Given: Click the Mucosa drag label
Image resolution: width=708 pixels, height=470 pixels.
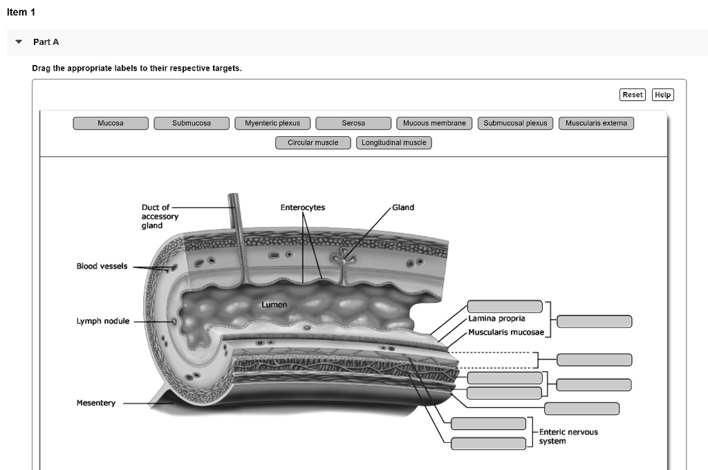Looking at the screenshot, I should [x=111, y=123].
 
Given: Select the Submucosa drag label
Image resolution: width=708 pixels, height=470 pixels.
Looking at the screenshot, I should [x=192, y=123].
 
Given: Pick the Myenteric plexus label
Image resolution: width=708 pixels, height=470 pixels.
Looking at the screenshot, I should [x=272, y=123].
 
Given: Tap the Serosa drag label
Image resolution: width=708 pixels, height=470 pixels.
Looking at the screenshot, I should [x=353, y=123].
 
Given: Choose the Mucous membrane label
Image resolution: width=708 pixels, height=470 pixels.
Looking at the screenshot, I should [x=434, y=123].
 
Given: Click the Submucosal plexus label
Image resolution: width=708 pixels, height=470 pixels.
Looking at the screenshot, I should [x=515, y=123].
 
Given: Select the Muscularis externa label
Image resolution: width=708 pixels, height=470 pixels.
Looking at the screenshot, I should [x=596, y=123].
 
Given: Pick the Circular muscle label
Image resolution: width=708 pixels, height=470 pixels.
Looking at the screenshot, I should [x=313, y=142].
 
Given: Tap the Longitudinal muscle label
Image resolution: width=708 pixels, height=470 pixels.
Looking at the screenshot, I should [x=394, y=142].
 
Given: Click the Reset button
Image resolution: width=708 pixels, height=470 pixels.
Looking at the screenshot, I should [x=632, y=95].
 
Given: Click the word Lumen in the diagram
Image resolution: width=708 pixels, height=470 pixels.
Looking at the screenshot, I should [x=274, y=305].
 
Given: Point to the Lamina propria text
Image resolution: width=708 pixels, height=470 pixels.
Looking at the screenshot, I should [x=496, y=319].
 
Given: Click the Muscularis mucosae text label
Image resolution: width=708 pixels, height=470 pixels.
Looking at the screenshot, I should [x=506, y=332].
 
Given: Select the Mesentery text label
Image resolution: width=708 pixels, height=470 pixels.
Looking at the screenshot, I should [x=96, y=403].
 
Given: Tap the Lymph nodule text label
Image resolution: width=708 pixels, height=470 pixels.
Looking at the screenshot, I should [x=103, y=321].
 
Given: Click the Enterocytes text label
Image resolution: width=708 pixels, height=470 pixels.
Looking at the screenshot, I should [x=302, y=207].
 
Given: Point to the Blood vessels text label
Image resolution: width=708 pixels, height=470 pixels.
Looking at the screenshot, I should [x=102, y=267].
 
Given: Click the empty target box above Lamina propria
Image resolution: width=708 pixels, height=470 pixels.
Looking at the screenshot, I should [x=505, y=307].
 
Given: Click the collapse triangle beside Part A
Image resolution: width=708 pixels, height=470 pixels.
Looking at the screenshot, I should [x=19, y=42].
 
